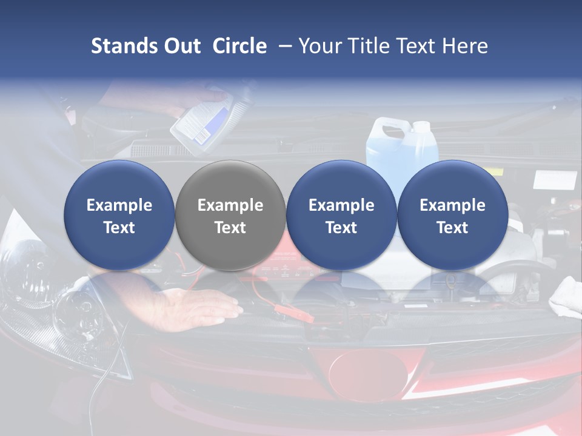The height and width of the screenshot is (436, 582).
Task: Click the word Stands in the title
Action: pyautogui.click(x=125, y=46)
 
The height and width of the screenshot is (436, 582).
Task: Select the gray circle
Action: pyautogui.click(x=230, y=215)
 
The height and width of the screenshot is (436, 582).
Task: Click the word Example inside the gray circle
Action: pyautogui.click(x=230, y=205)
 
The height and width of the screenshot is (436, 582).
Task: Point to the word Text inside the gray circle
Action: pyautogui.click(x=230, y=228)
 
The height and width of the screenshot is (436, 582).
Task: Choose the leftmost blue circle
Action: pyautogui.click(x=119, y=215)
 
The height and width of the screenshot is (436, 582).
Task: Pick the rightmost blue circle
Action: pyautogui.click(x=452, y=215)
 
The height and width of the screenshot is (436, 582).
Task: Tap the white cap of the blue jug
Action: pyautogui.click(x=421, y=127)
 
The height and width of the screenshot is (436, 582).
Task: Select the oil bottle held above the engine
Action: pyautogui.click(x=203, y=121)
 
